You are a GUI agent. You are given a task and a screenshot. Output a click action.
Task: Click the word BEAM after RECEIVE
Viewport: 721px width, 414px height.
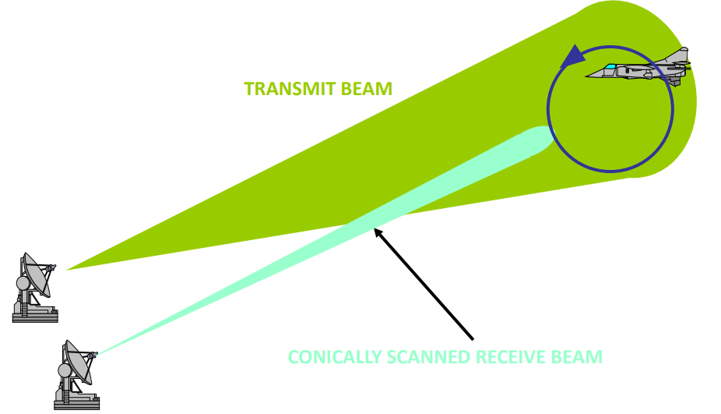coord(578,358)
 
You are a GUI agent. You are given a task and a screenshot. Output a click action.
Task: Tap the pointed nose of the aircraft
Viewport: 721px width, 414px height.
coord(589,76)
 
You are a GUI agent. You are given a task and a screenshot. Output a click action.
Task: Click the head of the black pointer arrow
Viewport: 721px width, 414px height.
coord(378,230)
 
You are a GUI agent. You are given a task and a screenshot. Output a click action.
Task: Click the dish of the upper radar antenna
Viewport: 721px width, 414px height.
coord(36,274)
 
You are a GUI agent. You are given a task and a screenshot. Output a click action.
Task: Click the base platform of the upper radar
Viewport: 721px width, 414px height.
coord(35,316)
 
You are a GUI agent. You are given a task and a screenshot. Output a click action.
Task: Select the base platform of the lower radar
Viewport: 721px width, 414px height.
coord(76,403)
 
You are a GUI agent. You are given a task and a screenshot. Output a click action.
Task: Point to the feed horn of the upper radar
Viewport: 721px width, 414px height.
coord(52,269)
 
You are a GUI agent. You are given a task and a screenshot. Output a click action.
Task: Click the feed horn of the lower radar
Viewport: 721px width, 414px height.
coord(94,356)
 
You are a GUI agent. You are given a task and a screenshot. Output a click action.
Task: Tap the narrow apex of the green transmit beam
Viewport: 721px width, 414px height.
coord(70,268)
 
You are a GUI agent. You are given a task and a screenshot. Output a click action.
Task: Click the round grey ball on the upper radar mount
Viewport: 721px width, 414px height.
coord(23,284)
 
